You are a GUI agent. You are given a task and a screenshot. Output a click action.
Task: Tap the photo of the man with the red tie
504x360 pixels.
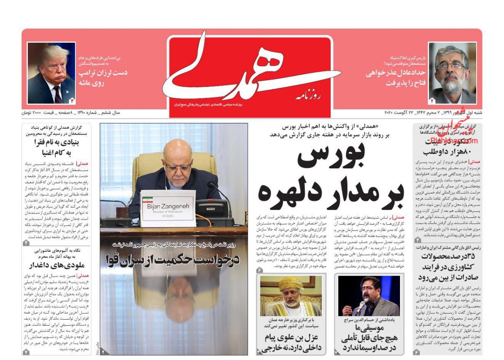51,73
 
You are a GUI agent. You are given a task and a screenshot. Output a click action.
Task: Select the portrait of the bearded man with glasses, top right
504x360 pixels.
452,73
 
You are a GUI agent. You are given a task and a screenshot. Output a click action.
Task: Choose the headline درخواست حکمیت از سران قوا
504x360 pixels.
173,260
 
